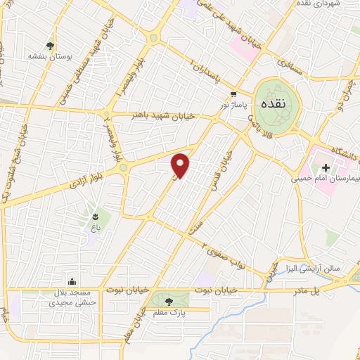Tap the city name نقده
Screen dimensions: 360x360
click(274, 103)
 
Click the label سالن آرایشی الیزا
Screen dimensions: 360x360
click(312, 268)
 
